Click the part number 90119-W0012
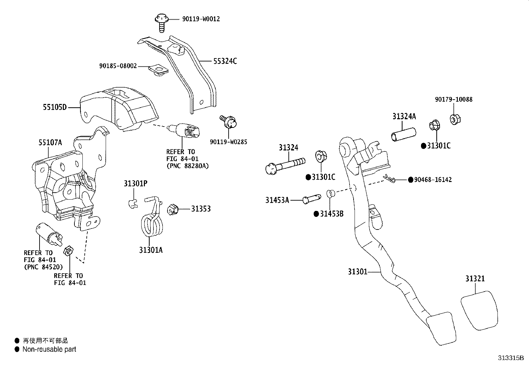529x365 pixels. click(x=201, y=19)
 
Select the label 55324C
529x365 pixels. click(x=225, y=61)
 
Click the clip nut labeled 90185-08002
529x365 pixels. click(x=159, y=70)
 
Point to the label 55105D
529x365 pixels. click(x=54, y=107)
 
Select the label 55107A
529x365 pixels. click(x=50, y=143)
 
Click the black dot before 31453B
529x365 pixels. click(x=316, y=214)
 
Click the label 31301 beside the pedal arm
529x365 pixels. click(x=358, y=272)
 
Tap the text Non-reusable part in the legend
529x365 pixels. click(x=49, y=349)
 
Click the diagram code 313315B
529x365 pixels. click(x=510, y=358)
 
